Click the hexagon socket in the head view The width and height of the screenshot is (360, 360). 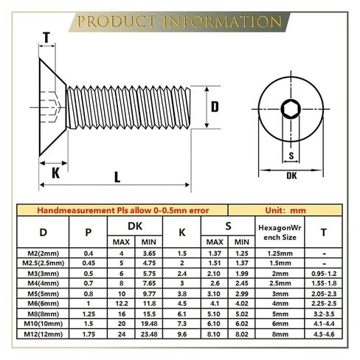pos(291,109)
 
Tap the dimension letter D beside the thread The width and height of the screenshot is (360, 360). pos(215,107)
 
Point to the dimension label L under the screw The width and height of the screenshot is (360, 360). pos(117,177)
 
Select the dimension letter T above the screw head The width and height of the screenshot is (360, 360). pos(46,38)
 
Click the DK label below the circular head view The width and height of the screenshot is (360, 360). pos(291,176)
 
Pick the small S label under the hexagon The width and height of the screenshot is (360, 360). pos(291,156)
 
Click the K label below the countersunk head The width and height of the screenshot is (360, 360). pos(55,173)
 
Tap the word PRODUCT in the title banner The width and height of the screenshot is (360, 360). pos(117,21)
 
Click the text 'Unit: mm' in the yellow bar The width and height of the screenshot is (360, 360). pos(285,210)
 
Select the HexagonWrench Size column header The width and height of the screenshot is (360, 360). pos(280,232)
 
